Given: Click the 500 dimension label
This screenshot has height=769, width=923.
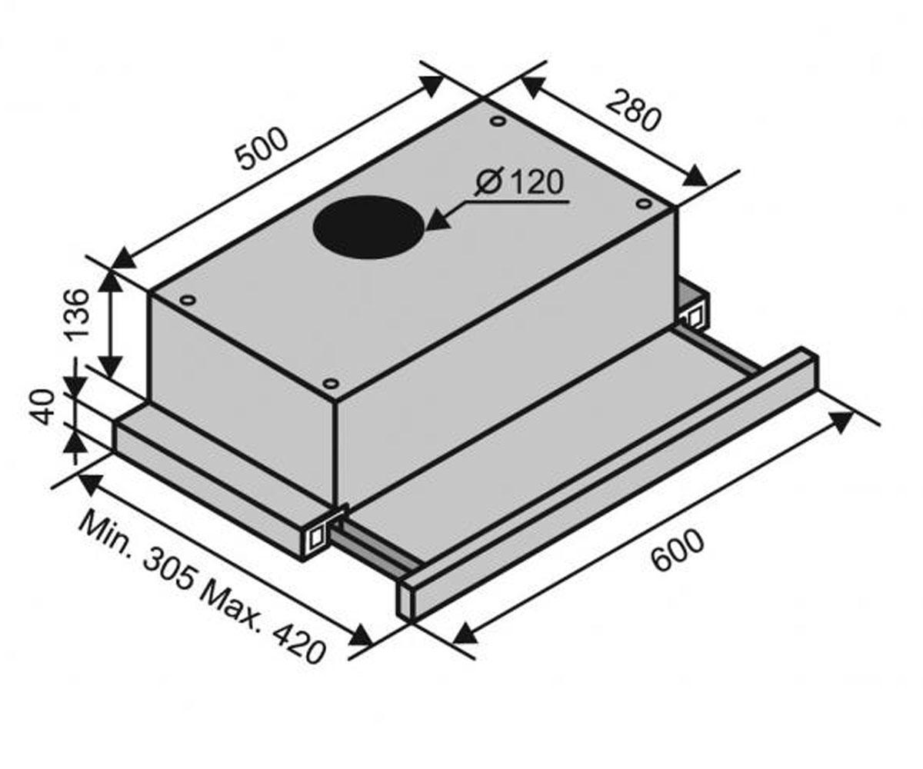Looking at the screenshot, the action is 262,149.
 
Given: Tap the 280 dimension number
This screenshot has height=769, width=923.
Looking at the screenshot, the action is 634,111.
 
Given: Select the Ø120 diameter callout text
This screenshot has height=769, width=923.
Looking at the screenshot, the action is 518,182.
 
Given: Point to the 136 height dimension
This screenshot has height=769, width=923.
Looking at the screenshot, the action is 78,315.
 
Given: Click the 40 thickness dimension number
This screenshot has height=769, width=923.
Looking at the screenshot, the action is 44,407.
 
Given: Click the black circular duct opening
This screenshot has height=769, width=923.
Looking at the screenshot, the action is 368,227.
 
